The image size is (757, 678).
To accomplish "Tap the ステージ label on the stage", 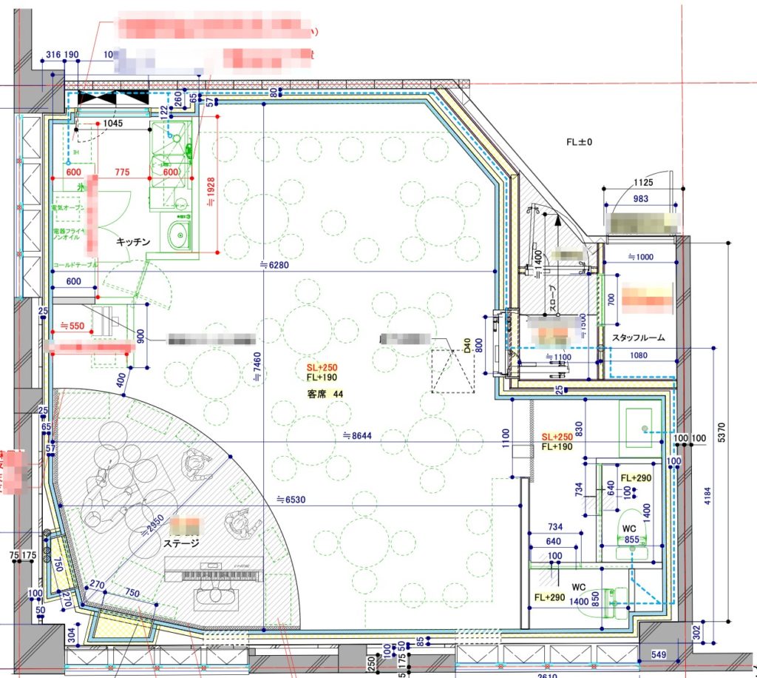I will [x=181, y=543].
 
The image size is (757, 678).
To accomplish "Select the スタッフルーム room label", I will [x=638, y=338].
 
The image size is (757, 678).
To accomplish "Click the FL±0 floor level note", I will [x=580, y=141].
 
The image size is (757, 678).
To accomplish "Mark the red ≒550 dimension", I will [x=74, y=325].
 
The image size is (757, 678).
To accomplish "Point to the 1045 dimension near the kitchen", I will [x=112, y=124].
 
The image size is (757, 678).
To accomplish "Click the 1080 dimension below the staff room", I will [x=639, y=355].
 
